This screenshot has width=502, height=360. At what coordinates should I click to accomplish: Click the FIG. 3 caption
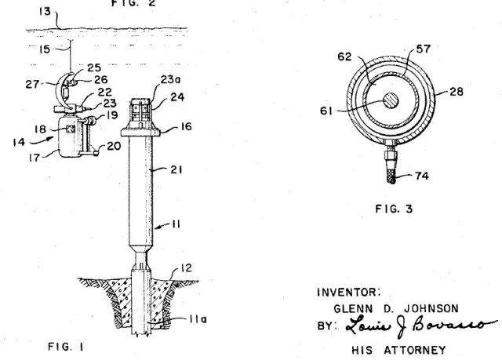tap(394, 209)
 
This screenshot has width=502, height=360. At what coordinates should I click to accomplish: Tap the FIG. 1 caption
tap(66, 347)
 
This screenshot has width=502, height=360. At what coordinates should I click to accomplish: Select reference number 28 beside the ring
tap(457, 92)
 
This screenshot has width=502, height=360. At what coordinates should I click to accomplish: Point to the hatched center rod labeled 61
tap(391, 100)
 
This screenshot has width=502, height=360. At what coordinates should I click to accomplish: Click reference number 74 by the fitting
tap(422, 176)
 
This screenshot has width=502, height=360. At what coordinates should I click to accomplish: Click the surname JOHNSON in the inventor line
tap(431, 309)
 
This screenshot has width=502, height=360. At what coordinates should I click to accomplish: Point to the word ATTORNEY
tap(415, 350)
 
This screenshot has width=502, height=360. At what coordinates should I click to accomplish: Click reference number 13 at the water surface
tap(45, 12)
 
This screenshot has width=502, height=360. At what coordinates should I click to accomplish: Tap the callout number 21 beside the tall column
tap(176, 169)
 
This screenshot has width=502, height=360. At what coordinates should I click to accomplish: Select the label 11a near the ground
tap(198, 319)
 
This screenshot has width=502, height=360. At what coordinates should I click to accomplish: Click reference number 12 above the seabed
tap(186, 267)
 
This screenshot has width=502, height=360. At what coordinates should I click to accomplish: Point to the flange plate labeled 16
tap(140, 133)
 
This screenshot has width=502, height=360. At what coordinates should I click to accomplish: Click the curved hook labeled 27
tap(59, 89)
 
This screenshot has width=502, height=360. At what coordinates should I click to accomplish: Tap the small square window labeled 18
tap(70, 129)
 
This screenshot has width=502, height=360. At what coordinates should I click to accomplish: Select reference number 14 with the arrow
tap(19, 142)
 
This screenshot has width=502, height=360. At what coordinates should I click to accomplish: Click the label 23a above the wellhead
tap(170, 79)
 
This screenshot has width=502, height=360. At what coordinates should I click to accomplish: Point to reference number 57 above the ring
tap(424, 49)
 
